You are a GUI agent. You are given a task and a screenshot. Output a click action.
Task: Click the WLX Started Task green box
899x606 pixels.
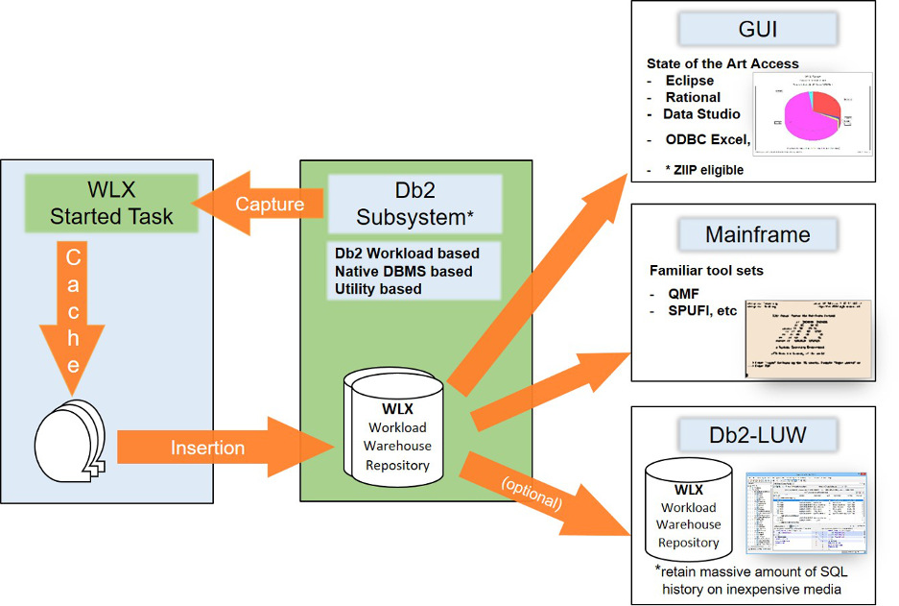pyautogui.click(x=112, y=202)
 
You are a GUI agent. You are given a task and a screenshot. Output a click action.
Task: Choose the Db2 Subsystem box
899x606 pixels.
pyautogui.click(x=415, y=203)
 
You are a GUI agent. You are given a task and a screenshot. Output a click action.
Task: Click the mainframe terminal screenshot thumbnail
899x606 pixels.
pyautogui.click(x=807, y=336)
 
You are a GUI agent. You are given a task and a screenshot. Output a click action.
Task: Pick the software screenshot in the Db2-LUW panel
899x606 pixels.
pyautogui.click(x=806, y=513)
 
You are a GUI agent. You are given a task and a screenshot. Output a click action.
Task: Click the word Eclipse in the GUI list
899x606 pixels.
pyautogui.click(x=689, y=81)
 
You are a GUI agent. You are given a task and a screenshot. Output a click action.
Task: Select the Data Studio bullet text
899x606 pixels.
pyautogui.click(x=701, y=114)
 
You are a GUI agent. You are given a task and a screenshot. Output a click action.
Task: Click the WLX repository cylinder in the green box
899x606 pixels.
pyautogui.click(x=397, y=427)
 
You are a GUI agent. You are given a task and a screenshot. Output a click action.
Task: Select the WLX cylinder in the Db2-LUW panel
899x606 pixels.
pyautogui.click(x=688, y=509)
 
